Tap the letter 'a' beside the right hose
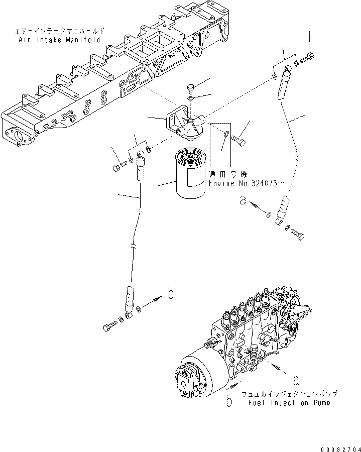(243, 201)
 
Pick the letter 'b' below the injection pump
(228, 402)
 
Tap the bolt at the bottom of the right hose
(298, 234)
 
